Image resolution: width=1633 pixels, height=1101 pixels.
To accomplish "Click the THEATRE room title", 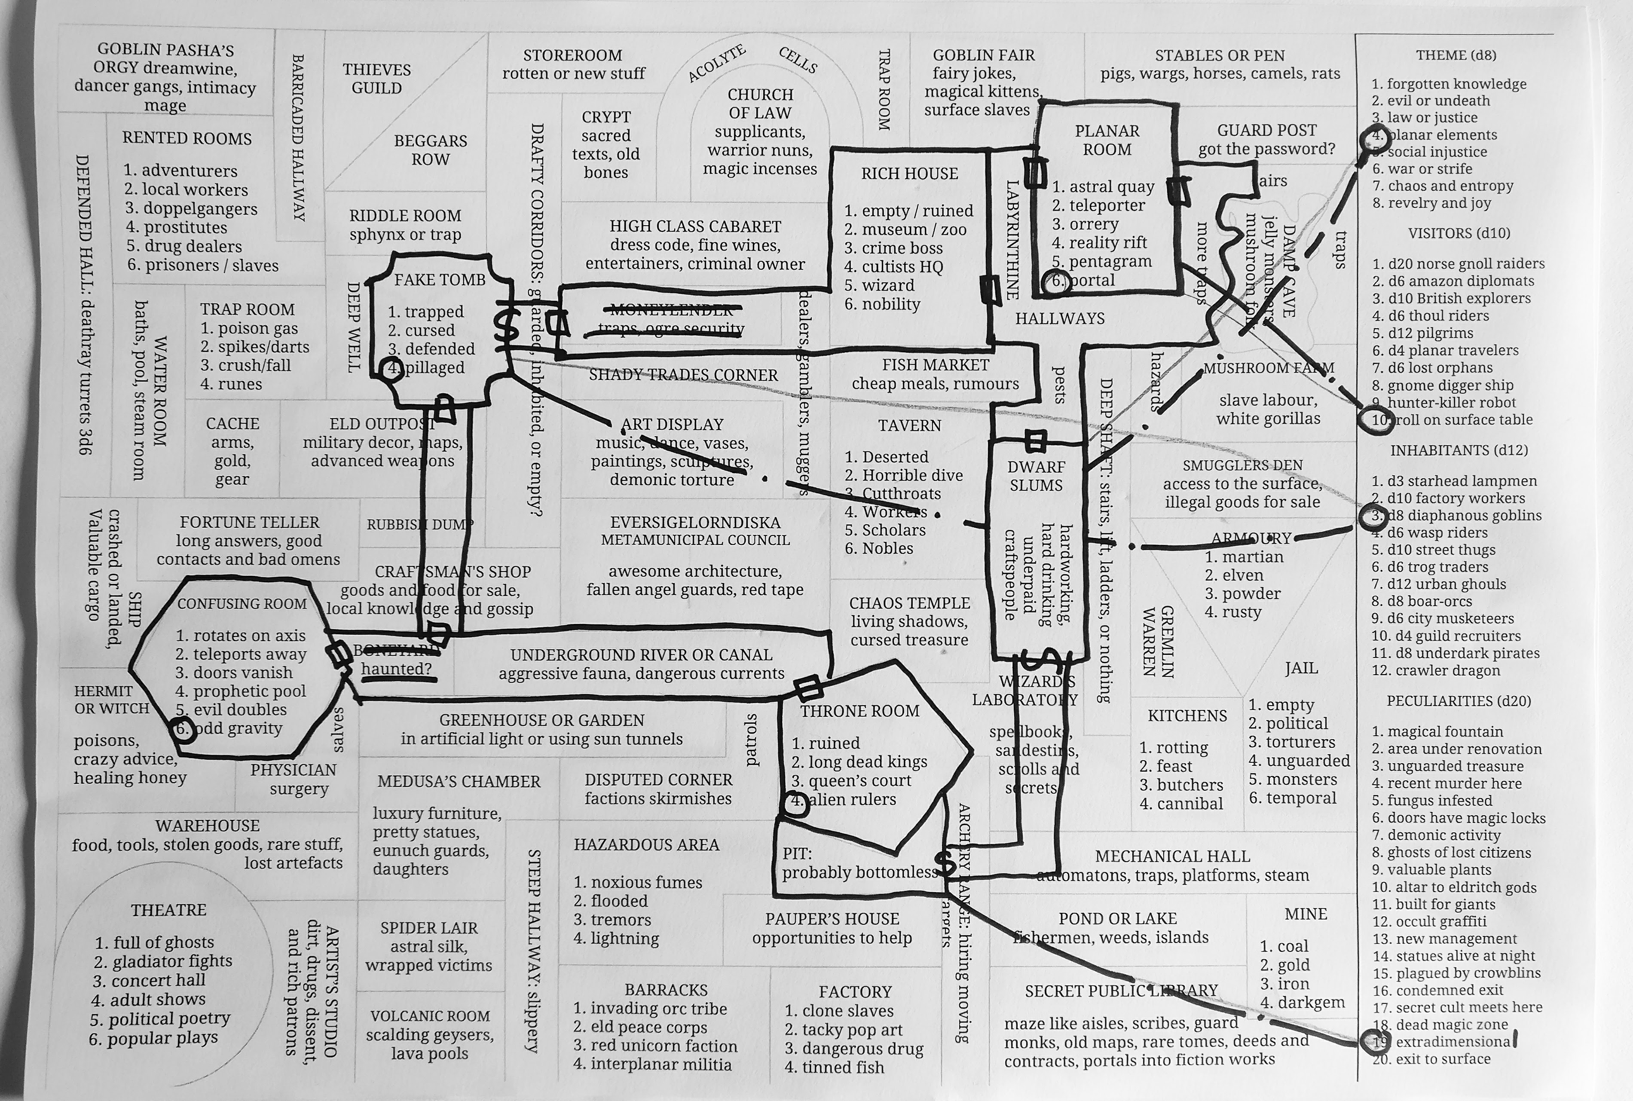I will pos(168,910).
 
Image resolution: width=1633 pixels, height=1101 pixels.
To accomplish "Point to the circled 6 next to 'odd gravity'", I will pos(183,728).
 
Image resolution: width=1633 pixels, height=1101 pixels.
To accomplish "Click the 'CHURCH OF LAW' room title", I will pos(760,103).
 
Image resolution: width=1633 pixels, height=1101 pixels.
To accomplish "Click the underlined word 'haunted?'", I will pos(397,669).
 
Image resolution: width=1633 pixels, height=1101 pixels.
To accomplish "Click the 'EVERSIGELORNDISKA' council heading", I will pos(695,523).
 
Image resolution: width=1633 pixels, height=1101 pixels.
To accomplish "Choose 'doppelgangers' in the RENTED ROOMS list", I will pos(200,208).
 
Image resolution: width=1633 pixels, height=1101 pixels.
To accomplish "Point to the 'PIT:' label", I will pos(797,854).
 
